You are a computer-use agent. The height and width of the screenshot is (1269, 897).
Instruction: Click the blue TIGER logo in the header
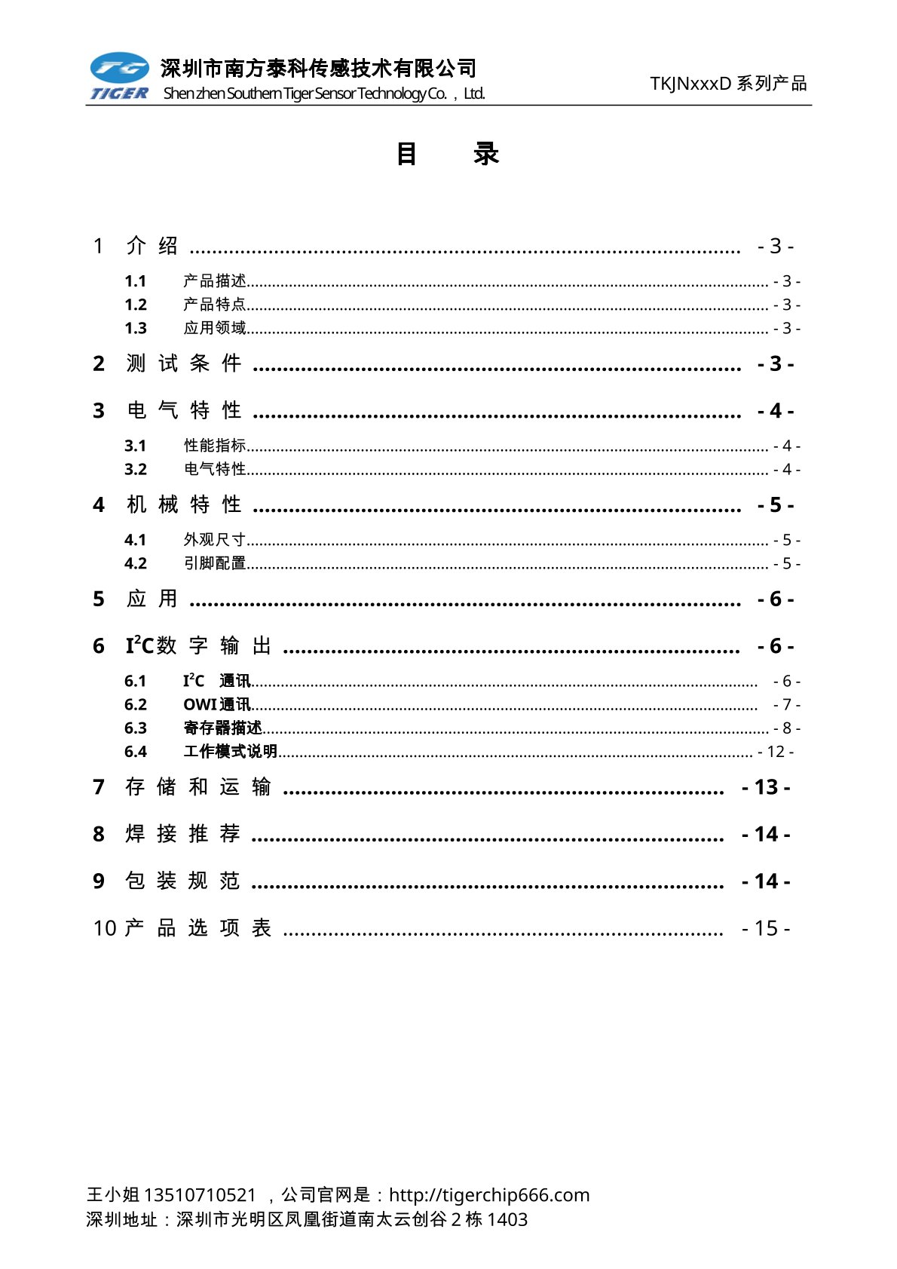pos(120,76)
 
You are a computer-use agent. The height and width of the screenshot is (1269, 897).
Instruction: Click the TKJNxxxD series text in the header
pos(728,84)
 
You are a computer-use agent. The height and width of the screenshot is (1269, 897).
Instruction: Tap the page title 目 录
pos(447,154)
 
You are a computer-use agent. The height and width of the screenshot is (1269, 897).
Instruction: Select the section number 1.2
pos(136,305)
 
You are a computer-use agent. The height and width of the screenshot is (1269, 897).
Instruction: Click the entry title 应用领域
pos(215,328)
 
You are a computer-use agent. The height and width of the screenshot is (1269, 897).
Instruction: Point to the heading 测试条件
pos(183,363)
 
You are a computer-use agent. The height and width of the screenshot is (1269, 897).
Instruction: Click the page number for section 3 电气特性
pos(775,411)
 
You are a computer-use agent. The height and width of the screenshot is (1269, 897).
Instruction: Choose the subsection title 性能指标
pos(215,446)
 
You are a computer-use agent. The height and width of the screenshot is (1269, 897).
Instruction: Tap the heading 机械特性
pos(183,504)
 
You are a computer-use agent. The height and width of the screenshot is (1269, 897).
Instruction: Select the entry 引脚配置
pos(215,563)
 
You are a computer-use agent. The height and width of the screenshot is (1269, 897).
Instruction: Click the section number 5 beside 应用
pos(99,599)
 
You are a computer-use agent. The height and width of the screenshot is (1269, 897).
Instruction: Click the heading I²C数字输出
pos(198,646)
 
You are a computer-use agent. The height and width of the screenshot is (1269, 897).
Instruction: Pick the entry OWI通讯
pos(217,704)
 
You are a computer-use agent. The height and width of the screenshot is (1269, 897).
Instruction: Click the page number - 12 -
pos(775,752)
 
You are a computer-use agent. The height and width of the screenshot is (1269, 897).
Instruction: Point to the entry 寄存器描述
pos(223,728)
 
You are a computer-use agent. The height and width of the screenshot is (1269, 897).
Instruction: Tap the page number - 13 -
pos(765,787)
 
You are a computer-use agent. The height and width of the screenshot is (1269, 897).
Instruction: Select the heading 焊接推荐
pos(182,834)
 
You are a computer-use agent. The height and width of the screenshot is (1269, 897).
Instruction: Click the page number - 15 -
pos(765,928)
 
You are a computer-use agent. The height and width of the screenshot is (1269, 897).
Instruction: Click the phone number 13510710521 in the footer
pos(200,1195)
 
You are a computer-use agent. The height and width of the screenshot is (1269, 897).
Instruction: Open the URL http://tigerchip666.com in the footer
pos(489,1195)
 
